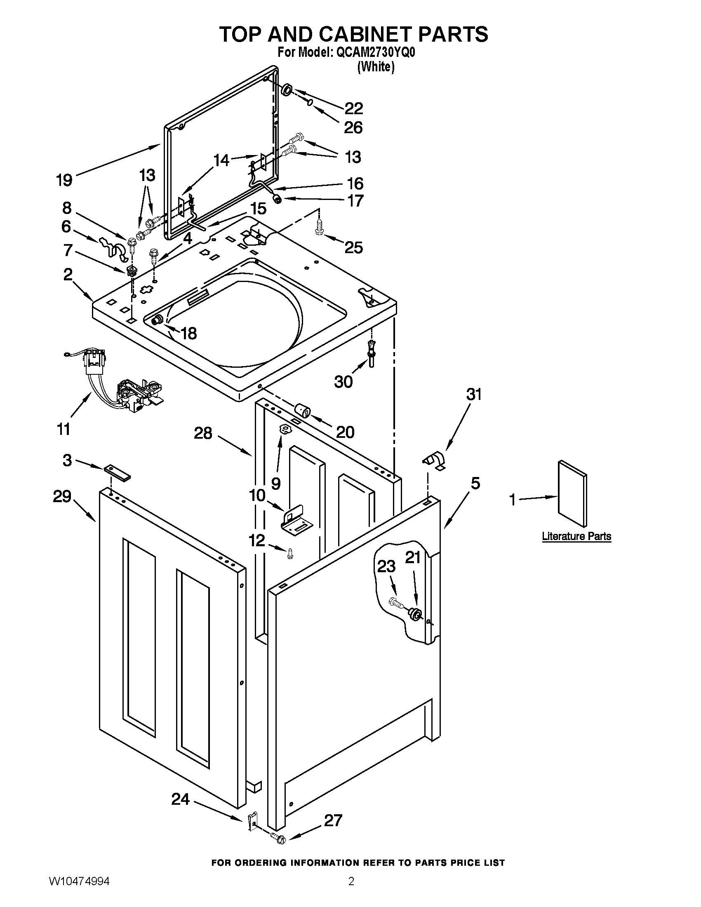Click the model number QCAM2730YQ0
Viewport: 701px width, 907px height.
[x=375, y=53]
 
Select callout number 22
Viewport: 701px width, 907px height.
[x=353, y=109]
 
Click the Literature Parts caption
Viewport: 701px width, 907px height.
[x=576, y=536]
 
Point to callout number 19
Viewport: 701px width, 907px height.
[x=64, y=180]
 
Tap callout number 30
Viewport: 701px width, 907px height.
[x=343, y=381]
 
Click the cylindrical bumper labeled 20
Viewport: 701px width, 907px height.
[x=302, y=411]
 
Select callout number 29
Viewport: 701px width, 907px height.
[x=62, y=496]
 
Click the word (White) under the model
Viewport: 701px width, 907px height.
[x=376, y=66]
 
